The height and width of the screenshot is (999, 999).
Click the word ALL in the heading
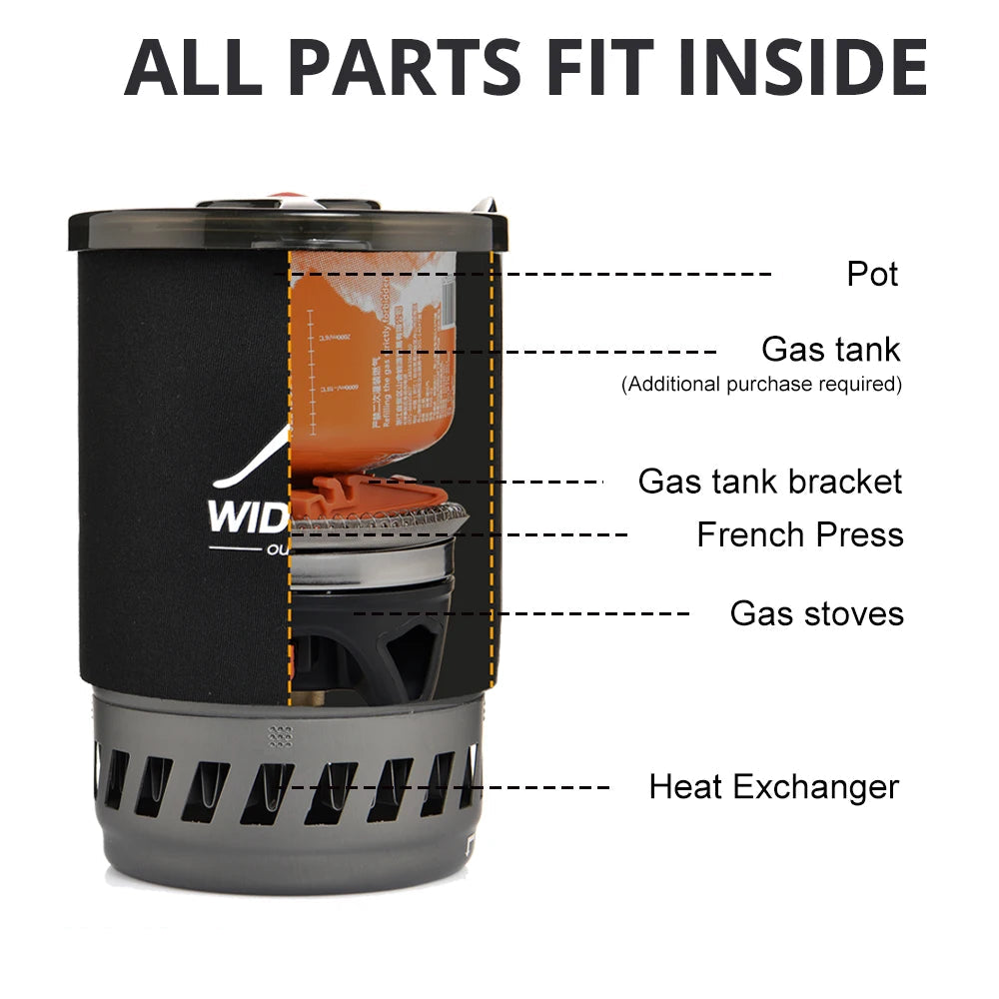coord(196,67)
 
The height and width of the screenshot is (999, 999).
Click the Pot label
coord(872,274)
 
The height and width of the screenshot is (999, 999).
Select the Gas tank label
coord(830,350)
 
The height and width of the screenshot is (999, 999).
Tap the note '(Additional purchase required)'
coord(761,384)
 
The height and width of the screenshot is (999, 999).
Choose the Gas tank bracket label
coord(769,482)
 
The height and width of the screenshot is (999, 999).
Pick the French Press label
coord(799,534)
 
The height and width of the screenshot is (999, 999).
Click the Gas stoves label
coord(816,612)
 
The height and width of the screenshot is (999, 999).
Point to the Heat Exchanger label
coord(773,786)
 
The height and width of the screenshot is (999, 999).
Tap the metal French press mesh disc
coord(380,522)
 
